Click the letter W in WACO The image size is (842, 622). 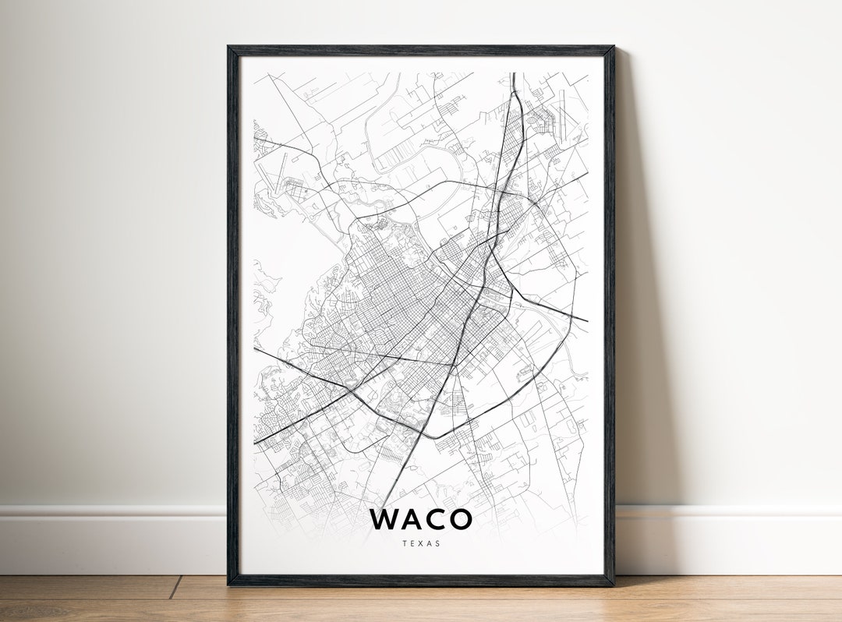tap(385, 519)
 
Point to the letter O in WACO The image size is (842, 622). tap(460, 519)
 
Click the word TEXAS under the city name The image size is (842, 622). tap(421, 543)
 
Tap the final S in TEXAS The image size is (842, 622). tap(437, 543)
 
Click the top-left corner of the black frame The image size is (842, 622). tap(228, 48)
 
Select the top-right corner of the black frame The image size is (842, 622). tap(613, 48)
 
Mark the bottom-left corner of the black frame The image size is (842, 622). tap(229, 584)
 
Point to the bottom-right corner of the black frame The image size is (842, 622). tap(613, 584)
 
